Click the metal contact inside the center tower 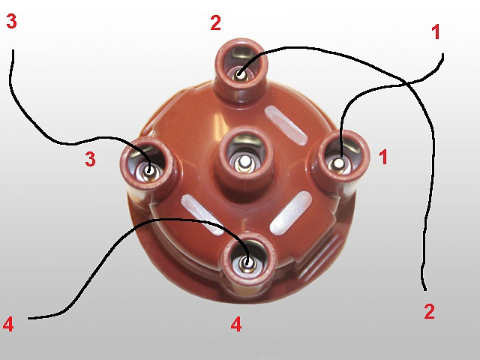[244, 161]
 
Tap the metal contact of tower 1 [338, 163]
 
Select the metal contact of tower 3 [150, 171]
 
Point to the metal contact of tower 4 [247, 263]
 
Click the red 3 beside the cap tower [90, 159]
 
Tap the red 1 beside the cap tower [383, 157]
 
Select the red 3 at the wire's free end [11, 22]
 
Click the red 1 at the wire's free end [436, 31]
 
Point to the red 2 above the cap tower [215, 22]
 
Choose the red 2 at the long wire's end [430, 311]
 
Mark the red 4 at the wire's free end [8, 325]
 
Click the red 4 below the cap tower [236, 325]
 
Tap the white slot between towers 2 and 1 [286, 125]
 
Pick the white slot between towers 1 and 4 [291, 213]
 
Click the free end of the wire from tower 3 [13, 51]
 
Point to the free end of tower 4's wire [28, 319]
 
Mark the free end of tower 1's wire [442, 54]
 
